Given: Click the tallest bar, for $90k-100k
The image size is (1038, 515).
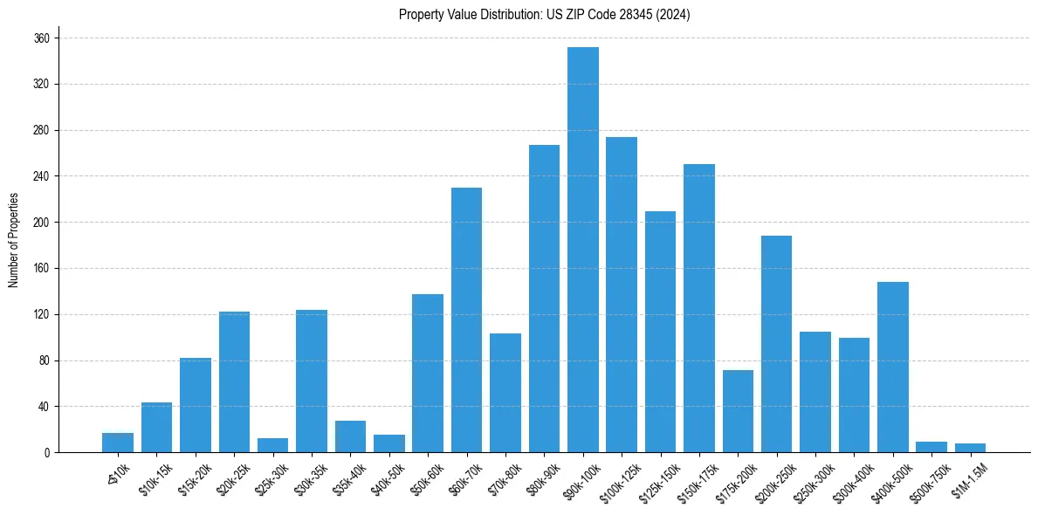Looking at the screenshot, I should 582,250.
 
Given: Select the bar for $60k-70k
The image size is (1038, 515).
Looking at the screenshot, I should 466,320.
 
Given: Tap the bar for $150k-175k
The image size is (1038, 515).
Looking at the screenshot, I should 698,308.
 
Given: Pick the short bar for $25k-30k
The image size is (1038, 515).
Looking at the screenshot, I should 273,445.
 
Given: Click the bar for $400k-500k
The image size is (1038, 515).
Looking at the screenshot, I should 892,367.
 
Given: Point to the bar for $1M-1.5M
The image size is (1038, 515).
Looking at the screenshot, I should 970,448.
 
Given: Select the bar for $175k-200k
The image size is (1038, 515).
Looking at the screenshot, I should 738,411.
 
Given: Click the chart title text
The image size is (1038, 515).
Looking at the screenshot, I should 544,15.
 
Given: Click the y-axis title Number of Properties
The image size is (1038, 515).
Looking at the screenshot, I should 13,240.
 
